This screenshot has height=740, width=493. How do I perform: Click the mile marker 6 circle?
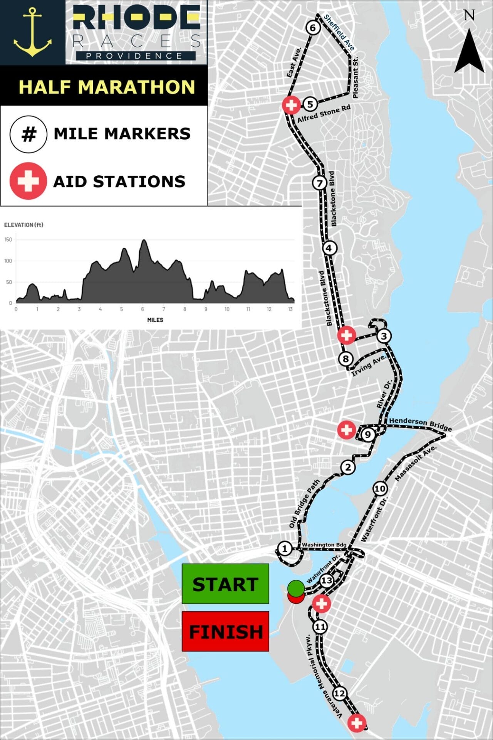coord(313,28)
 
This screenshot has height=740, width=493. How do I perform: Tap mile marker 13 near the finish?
coord(326,580)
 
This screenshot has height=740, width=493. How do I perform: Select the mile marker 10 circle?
coord(380,489)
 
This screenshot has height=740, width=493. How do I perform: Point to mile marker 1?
coord(285,548)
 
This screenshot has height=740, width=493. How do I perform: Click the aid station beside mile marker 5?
coord(291,104)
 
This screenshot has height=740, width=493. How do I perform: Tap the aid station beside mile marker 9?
coord(346,429)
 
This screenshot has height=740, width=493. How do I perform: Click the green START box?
coord(225,584)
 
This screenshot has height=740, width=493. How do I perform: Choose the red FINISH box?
coord(225,631)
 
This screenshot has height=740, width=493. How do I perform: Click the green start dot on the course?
coord(296,587)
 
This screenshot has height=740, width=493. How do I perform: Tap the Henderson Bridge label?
coord(420,424)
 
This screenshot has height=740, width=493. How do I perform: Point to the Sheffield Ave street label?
coord(339,32)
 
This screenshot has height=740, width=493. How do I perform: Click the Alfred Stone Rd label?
coord(324,114)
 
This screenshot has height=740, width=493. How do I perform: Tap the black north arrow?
coord(469,51)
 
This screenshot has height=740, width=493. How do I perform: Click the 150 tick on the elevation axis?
coord(8,240)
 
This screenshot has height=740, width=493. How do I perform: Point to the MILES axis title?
coord(155,320)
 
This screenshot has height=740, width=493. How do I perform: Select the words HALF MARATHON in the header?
coord(107,87)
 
